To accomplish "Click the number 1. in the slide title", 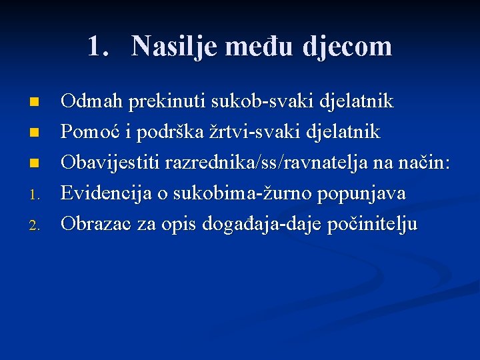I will click(98, 46).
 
